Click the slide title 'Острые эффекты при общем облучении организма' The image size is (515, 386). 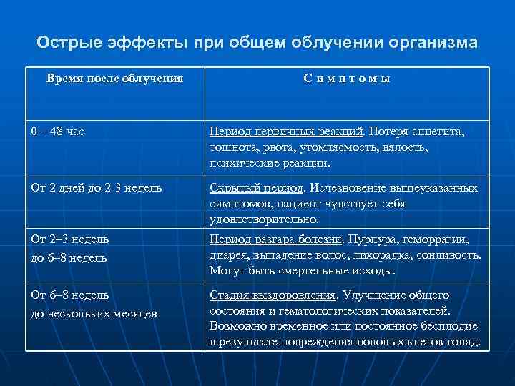(257, 43)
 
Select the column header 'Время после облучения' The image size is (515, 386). (114, 78)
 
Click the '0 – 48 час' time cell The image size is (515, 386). (58, 132)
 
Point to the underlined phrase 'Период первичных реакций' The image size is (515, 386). (288, 132)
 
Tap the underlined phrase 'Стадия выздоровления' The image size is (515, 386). (273, 295)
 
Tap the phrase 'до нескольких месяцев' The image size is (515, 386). (94, 313)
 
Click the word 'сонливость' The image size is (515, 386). (453, 255)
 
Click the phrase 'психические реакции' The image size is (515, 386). (270, 163)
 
